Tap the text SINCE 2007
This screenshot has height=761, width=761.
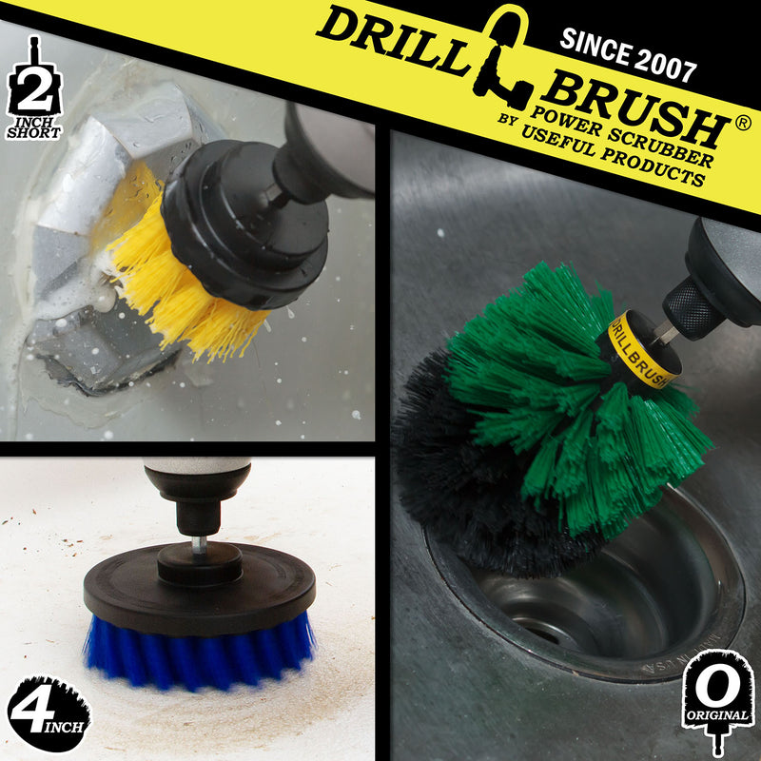[629, 58]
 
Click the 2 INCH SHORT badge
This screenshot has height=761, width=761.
[34, 95]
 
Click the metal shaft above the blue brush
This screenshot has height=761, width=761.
[197, 542]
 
